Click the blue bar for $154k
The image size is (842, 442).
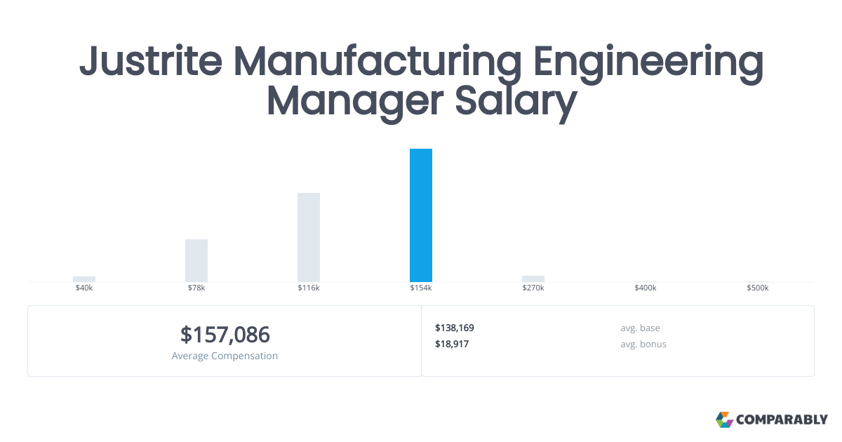pos(421,215)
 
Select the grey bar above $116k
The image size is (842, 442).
pos(309,237)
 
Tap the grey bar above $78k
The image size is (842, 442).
pos(196,260)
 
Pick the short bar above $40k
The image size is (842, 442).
pos(84,279)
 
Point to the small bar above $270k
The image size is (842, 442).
pos(533,279)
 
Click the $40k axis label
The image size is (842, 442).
pos(84,288)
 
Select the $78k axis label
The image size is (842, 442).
pos(196,288)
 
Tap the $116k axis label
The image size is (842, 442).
pos(309,288)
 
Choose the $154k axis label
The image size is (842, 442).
pos(421,288)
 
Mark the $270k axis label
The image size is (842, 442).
pos(533,288)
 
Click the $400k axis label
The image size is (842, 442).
pos(646,288)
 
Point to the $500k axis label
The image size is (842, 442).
pos(758,288)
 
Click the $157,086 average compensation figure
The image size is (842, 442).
pos(225,335)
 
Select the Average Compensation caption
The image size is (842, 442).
pos(225,356)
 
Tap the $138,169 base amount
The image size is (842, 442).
pos(455,328)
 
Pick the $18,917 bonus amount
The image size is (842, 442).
pos(452,344)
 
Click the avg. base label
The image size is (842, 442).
pos(640,328)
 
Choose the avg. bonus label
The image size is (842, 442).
pos(643,344)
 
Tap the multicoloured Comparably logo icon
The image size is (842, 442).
pos(724,420)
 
